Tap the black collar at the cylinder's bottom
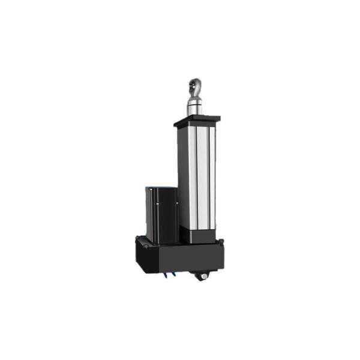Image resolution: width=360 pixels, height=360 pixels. (201, 236)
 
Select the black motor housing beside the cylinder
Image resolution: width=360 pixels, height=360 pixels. (162, 216)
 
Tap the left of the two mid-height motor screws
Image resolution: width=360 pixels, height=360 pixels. (157, 203)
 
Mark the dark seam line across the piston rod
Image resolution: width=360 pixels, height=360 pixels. (195, 101)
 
